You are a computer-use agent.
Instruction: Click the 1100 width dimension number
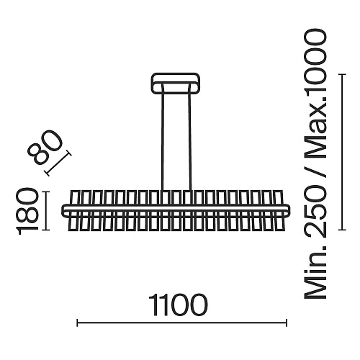point(178,305)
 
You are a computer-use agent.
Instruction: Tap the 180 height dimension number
point(27,212)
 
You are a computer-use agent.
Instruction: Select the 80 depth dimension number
point(45,146)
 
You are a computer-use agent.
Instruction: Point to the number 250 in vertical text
point(315,216)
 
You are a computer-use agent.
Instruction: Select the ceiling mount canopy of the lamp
point(176,83)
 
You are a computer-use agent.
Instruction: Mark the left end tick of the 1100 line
point(77,323)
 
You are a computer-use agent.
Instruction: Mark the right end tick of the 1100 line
point(287,323)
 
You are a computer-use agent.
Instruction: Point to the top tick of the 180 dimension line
point(45,192)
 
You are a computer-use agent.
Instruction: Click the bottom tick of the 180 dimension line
point(45,230)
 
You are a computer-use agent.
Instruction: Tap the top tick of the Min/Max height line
point(342,75)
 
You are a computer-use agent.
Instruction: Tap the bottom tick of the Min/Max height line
point(342,230)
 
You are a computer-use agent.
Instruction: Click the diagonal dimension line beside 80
point(58,163)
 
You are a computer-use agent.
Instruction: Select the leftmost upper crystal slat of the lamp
point(74,198)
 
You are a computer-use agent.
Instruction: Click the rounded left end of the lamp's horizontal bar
point(63,211)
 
